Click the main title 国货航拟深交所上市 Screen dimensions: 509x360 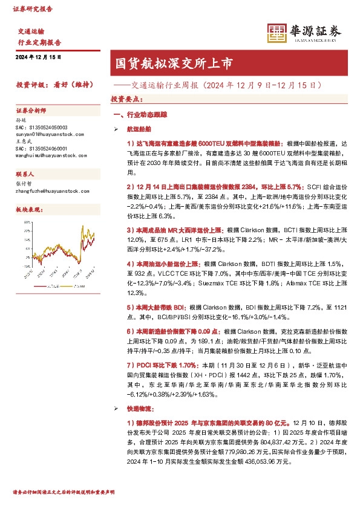tap(172, 63)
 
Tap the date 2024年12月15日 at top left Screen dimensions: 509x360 tap(38, 57)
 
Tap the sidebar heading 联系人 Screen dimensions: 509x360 tap(27, 173)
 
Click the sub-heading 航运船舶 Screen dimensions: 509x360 tap(139, 129)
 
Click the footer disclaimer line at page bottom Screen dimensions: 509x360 tap(64, 491)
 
